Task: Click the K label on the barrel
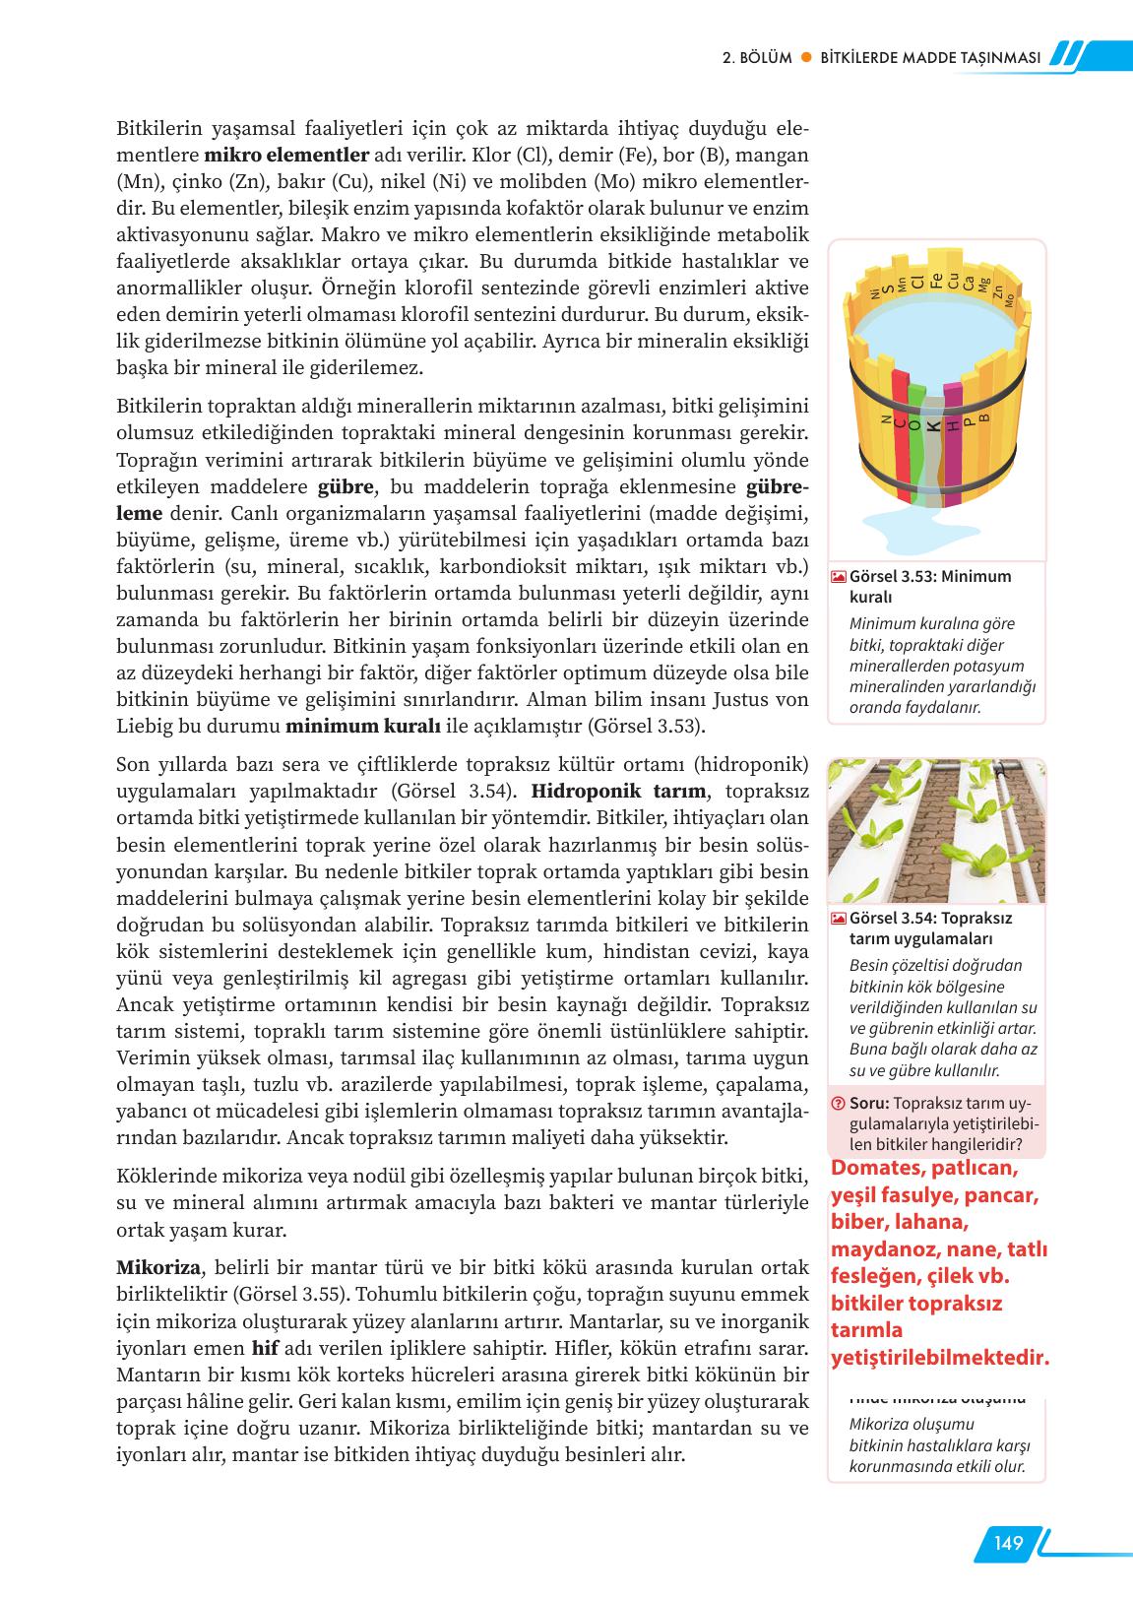coord(933,426)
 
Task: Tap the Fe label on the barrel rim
coord(937,280)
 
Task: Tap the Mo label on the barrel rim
coord(1009,299)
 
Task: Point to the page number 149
coord(1008,1543)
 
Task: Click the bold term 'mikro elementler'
coord(286,156)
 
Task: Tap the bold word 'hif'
coord(266,1348)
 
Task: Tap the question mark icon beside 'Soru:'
coord(838,1104)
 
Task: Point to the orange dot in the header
coord(805,57)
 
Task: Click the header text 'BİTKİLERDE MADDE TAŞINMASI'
coord(930,57)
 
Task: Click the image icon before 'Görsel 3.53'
coord(838,577)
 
